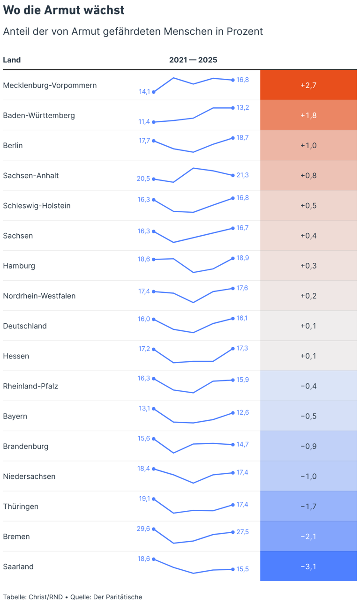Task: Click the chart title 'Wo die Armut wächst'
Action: [63, 10]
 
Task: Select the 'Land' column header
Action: [12, 60]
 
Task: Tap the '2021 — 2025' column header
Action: [193, 60]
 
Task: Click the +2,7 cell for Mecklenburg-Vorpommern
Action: [308, 85]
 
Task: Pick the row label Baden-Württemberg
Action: [39, 115]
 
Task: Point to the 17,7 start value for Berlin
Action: [144, 141]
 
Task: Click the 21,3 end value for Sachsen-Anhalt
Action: [243, 175]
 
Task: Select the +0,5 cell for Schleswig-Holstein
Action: [308, 205]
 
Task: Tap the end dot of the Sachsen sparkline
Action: [233, 228]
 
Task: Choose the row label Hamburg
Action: [19, 266]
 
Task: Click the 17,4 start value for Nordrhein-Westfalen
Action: [144, 291]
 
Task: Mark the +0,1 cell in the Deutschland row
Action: [308, 326]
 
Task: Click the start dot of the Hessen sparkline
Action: [154, 349]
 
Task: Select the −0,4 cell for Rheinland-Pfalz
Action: [308, 386]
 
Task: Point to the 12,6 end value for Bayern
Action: [243, 412]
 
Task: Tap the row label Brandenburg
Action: [26, 446]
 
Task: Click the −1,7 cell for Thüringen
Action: [308, 507]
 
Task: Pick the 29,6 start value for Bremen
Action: [143, 529]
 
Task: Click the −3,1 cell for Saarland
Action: [308, 567]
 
